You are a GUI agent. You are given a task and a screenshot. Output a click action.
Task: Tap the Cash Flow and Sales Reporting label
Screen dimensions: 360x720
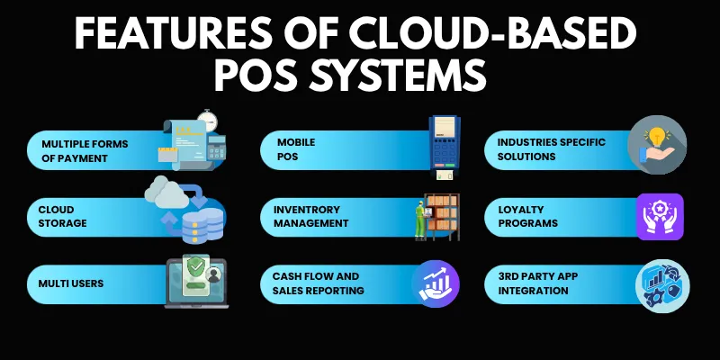(319, 283)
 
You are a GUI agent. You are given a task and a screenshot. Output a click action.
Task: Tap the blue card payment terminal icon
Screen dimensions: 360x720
(443, 144)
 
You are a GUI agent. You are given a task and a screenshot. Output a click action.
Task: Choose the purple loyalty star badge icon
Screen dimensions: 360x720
(660, 217)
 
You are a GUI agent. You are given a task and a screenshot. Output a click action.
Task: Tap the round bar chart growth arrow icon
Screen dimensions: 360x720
(436, 283)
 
